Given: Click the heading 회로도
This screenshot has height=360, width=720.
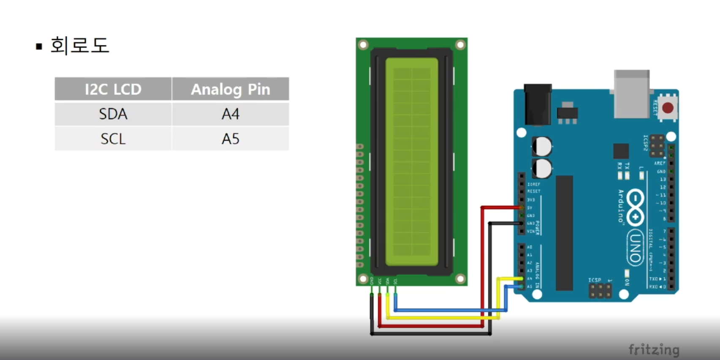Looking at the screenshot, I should (x=80, y=45).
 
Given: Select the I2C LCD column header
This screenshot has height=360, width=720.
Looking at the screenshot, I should (x=113, y=89).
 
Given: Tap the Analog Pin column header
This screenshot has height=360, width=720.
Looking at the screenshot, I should (x=231, y=89).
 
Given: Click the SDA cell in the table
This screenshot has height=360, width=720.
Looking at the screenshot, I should (x=113, y=114).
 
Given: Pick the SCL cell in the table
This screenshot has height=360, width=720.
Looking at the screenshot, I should (x=113, y=139).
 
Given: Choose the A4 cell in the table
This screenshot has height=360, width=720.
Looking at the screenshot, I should (x=231, y=114).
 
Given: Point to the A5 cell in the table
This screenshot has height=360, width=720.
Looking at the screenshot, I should (x=231, y=139).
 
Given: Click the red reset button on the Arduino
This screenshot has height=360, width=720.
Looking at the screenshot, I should (x=668, y=108).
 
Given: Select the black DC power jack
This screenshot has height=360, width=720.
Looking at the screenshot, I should (x=538, y=104).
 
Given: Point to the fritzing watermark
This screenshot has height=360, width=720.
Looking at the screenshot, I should (x=654, y=350).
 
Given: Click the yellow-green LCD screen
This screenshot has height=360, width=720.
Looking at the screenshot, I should (x=412, y=162).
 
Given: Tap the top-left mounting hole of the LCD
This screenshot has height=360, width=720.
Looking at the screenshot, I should (x=363, y=44).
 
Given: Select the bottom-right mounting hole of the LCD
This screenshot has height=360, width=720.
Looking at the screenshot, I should (x=460, y=278).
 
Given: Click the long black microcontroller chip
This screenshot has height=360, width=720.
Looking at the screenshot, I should (x=564, y=233).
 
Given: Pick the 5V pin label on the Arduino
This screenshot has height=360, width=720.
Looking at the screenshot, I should (x=530, y=208).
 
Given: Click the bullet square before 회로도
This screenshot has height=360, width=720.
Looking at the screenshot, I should (x=39, y=46).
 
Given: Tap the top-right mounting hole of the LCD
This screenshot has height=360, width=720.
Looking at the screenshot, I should (x=460, y=44).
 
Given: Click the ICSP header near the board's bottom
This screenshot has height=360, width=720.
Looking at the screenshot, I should (x=600, y=291).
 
